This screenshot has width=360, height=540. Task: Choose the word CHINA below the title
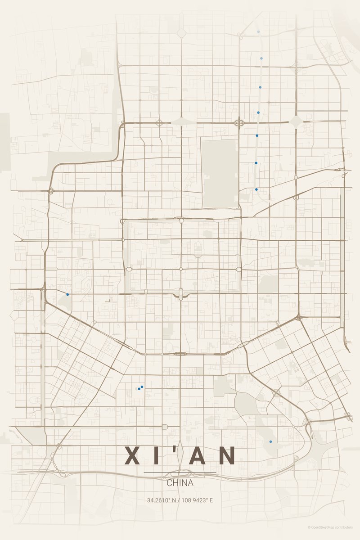[x=180, y=483]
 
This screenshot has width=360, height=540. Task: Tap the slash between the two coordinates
[x=179, y=500]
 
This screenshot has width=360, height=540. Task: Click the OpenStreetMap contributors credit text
[x=333, y=527]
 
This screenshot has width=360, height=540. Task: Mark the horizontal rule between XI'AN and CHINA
[x=180, y=472]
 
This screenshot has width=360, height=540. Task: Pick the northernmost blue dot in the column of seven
[x=258, y=32]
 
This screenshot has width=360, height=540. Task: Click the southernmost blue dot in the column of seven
[x=256, y=189]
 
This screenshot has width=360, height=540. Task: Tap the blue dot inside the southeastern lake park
[x=270, y=441]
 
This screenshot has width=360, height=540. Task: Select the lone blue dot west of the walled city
[x=67, y=294]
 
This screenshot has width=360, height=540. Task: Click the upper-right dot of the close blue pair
[x=142, y=387]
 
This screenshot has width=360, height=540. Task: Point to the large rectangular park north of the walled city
[x=219, y=173]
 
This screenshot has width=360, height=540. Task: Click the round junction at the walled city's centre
[x=181, y=269]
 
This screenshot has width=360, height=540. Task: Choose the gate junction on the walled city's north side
[x=181, y=220]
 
